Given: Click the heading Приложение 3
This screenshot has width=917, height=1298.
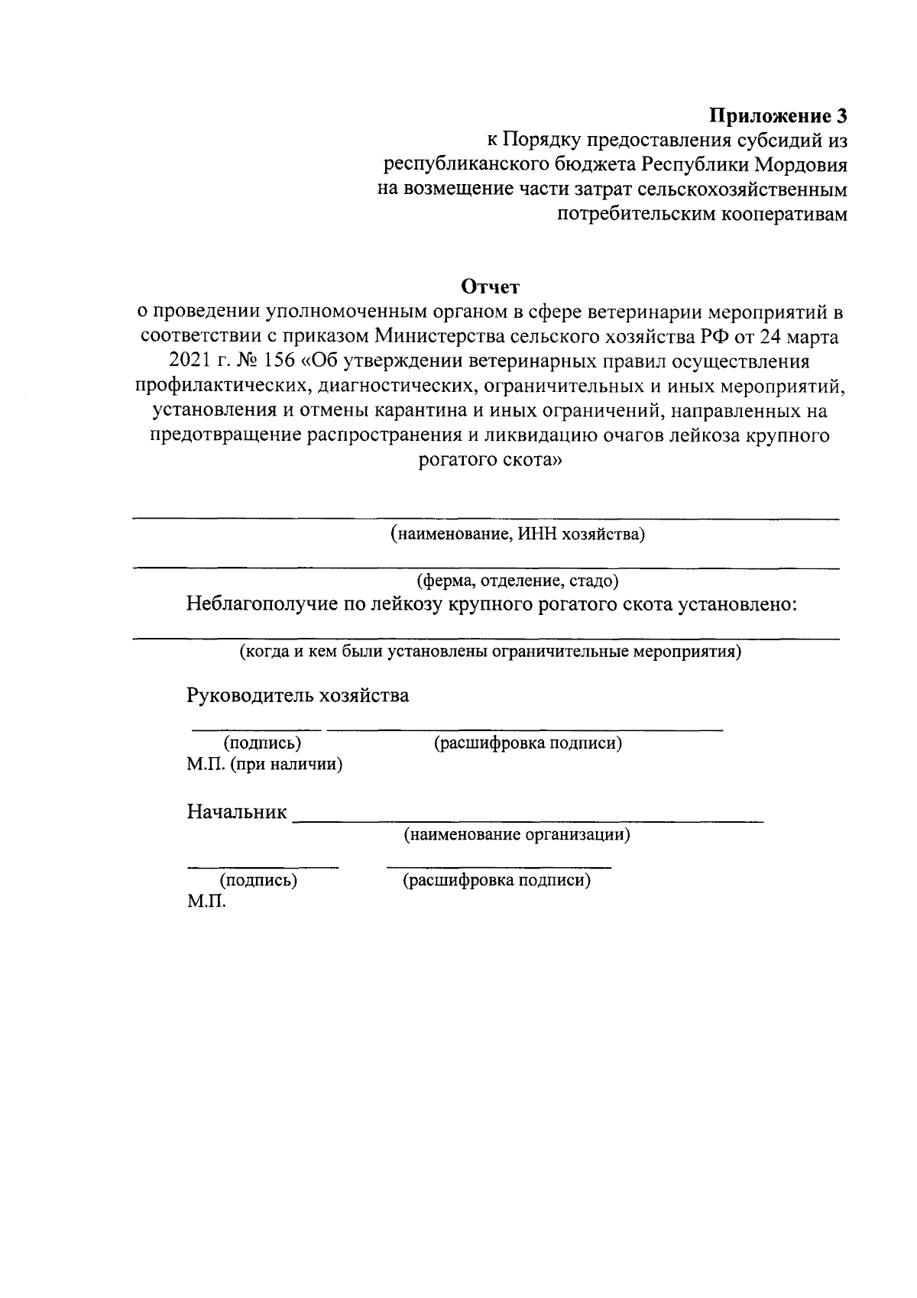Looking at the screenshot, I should click(778, 116).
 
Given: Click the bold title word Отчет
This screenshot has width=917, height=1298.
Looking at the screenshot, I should click(490, 287).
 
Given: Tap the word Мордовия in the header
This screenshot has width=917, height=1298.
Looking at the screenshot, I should click(801, 165).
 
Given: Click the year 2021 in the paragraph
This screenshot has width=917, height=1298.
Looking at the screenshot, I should click(186, 361).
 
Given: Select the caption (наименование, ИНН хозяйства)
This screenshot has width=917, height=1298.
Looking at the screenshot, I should click(517, 534).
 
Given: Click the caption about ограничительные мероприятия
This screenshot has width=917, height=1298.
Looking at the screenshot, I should click(490, 652).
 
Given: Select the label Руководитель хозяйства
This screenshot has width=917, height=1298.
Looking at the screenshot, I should click(298, 696).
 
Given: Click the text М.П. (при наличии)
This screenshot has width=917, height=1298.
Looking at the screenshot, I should click(264, 765).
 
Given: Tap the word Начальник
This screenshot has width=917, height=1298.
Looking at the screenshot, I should click(237, 812).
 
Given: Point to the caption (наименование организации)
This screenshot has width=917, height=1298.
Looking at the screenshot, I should click(517, 834).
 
